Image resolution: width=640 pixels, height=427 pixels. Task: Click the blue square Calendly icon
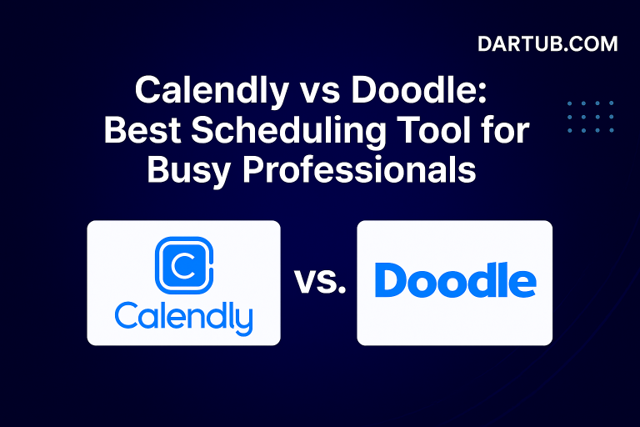point(184,265)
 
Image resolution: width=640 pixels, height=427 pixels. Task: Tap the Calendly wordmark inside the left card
point(183,317)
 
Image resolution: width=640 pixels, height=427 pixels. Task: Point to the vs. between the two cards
point(319,283)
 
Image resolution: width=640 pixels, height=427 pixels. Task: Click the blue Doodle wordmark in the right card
point(455,282)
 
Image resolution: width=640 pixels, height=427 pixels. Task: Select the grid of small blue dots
point(589,117)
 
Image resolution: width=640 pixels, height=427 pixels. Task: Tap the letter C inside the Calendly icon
point(183,266)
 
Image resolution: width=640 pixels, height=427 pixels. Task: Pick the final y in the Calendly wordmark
point(242,320)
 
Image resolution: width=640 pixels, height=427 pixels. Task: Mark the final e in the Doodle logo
point(522,284)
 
